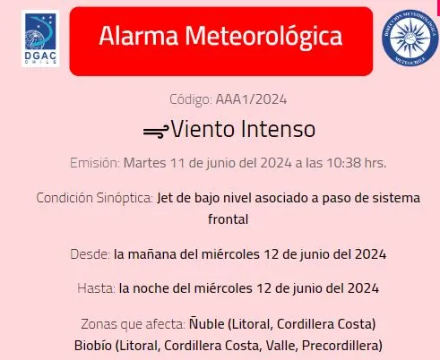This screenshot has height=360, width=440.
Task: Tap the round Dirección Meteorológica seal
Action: tap(410, 38)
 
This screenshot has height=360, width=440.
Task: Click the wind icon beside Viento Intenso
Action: tap(155, 130)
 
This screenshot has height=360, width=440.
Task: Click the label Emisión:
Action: tap(94, 163)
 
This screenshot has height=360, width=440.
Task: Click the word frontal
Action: tap(220, 218)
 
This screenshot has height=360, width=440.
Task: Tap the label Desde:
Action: tap(90, 253)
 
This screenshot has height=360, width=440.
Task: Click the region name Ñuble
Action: tap(208, 323)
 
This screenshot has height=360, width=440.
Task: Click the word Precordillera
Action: tap(344, 345)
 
